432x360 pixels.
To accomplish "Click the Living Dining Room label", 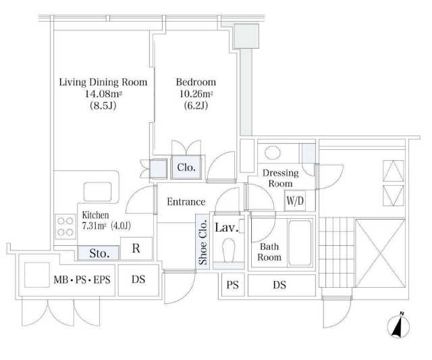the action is [103, 82].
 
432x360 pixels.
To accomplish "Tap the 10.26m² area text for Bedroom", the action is [196, 94].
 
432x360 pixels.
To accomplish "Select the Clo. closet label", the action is [186, 168].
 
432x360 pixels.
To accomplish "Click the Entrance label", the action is [186, 202].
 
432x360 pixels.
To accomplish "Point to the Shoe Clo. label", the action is [202, 242].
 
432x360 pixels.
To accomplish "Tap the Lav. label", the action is [227, 228].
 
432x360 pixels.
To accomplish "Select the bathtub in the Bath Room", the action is [300, 243].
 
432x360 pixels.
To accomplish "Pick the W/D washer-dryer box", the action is [295, 201].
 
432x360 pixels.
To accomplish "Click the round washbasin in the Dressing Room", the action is [273, 153].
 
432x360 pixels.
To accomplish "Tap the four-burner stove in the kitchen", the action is [65, 226].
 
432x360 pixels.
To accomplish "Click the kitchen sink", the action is [97, 192].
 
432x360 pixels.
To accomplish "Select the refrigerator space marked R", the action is [136, 249].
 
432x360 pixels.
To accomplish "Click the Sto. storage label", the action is [99, 253].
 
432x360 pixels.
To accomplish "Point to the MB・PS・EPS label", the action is [82, 280].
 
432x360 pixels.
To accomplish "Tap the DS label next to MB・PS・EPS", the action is [138, 280].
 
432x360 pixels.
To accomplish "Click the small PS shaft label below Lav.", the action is [232, 285].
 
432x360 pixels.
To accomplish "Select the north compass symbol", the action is [398, 325].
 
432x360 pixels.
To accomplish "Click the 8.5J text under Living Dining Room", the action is [103, 105].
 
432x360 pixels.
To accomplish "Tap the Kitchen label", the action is [95, 215].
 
